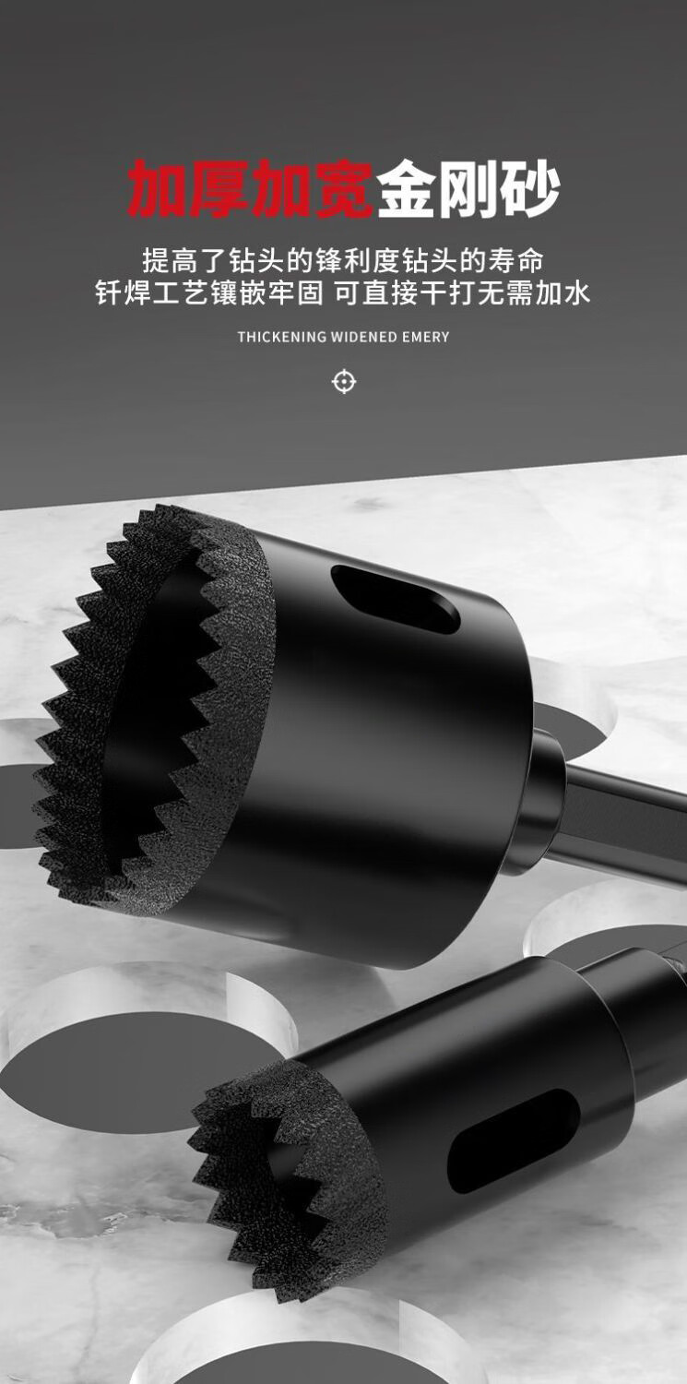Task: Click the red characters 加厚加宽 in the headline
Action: (x=251, y=188)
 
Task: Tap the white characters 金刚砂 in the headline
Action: (x=468, y=188)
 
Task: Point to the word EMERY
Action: (x=426, y=337)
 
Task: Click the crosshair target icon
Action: (x=344, y=382)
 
